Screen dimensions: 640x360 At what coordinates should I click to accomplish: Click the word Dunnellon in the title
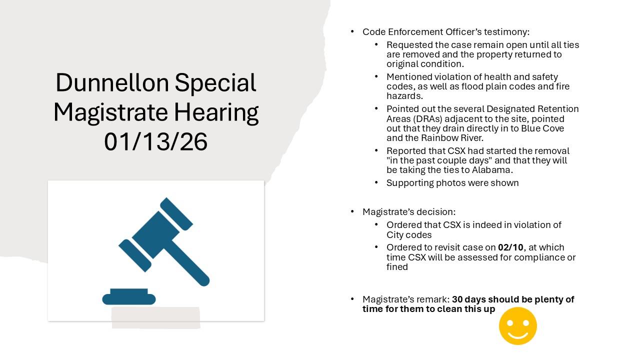tap(112, 82)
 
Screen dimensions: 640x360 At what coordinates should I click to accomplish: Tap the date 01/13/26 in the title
tap(155, 142)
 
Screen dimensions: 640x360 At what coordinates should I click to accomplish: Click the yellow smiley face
tap(517, 326)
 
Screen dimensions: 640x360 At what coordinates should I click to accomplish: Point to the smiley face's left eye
tap(510, 323)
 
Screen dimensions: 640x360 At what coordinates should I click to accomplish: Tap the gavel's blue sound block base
tap(129, 297)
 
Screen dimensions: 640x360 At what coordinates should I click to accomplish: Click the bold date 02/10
tap(510, 247)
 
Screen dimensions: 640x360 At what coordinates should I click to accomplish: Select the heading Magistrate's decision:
tap(409, 212)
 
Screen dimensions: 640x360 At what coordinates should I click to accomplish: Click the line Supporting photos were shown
tap(452, 183)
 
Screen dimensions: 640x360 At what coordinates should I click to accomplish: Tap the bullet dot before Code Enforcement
tap(352, 31)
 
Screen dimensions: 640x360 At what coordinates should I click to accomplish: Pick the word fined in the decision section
tap(397, 267)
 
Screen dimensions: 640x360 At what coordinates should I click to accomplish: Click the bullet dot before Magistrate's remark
tap(352, 299)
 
